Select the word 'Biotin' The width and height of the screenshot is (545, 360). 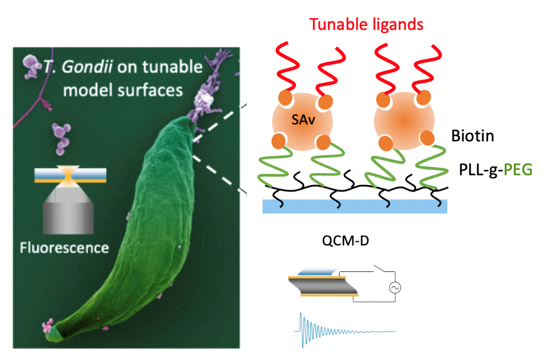click(x=472, y=136)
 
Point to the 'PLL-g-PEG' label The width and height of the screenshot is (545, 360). click(x=494, y=169)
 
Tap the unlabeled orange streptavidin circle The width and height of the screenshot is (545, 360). click(x=404, y=120)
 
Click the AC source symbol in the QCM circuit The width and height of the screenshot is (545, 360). click(x=393, y=288)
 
